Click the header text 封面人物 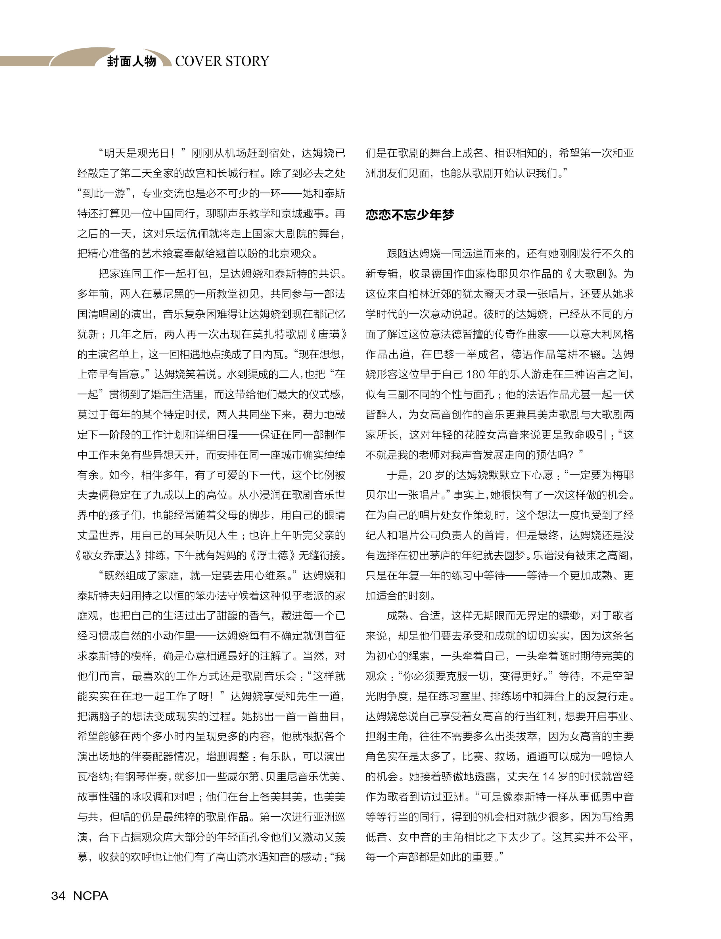point(131,61)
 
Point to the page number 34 point(58,896)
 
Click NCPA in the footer point(91,896)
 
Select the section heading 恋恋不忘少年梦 point(409,215)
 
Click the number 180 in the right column point(476,374)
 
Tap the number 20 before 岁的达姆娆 point(425,475)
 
